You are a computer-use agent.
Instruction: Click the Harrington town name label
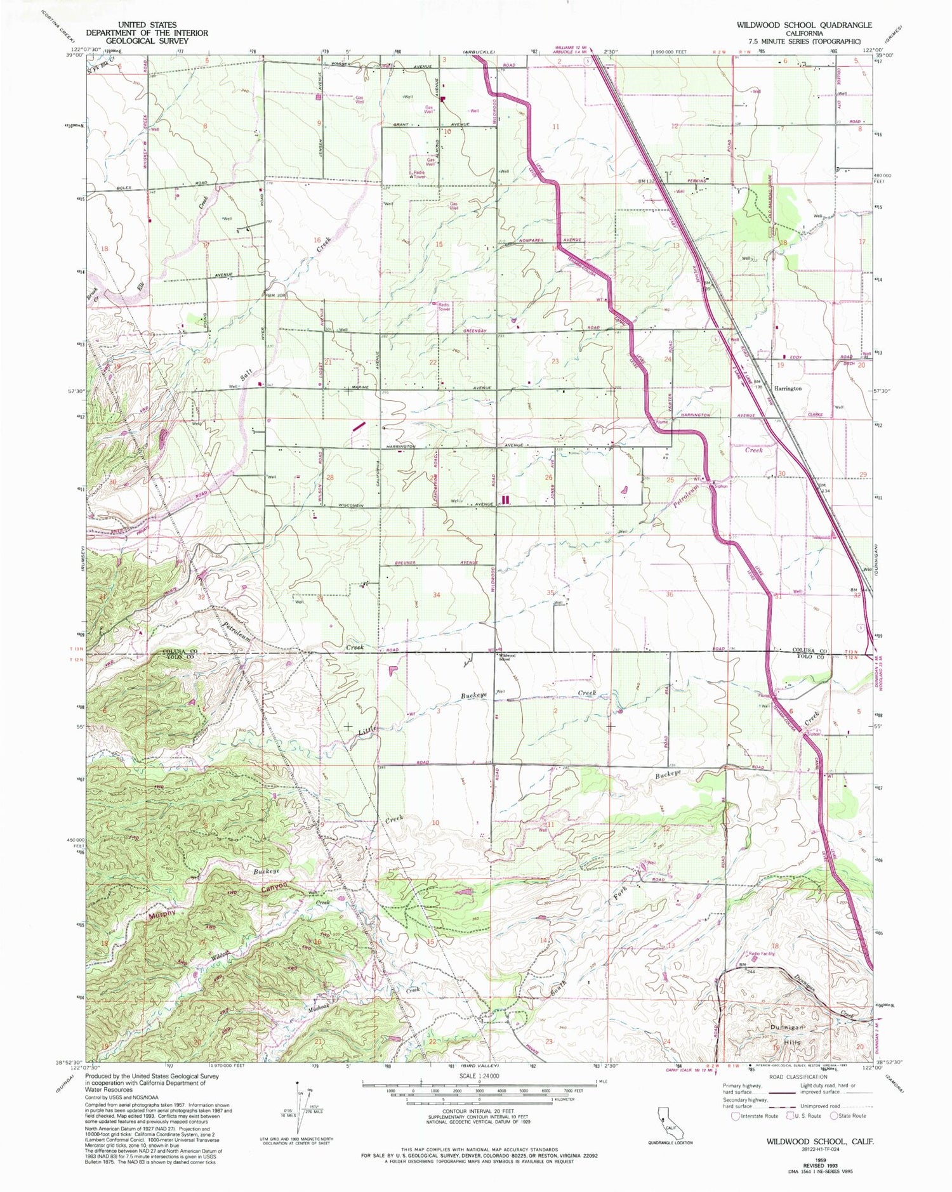[788, 388]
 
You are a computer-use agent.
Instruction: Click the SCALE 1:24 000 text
[479, 1077]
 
